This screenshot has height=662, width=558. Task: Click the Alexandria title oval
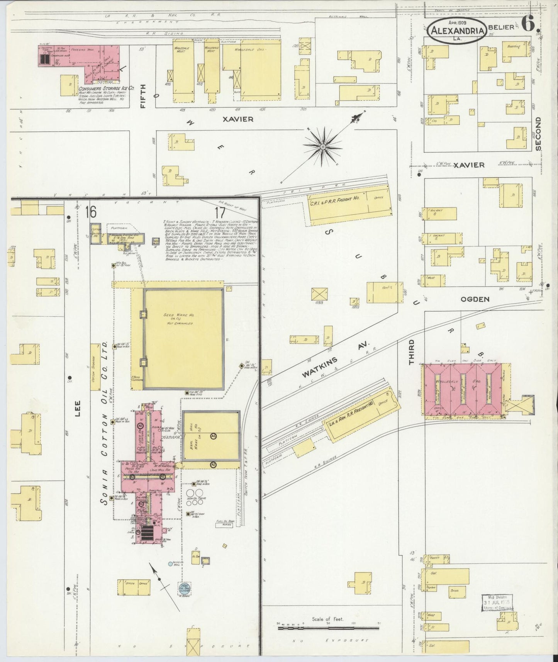coord(456,31)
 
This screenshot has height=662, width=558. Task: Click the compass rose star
coord(322,147)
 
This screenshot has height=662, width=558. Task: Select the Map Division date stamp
coord(498,612)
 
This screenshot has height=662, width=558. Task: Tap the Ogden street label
coord(475,299)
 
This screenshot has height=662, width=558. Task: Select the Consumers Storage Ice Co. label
coord(106,88)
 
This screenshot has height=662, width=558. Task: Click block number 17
coord(220,212)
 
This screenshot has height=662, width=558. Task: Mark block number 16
coord(91,212)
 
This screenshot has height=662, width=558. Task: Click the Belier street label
coord(501,27)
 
